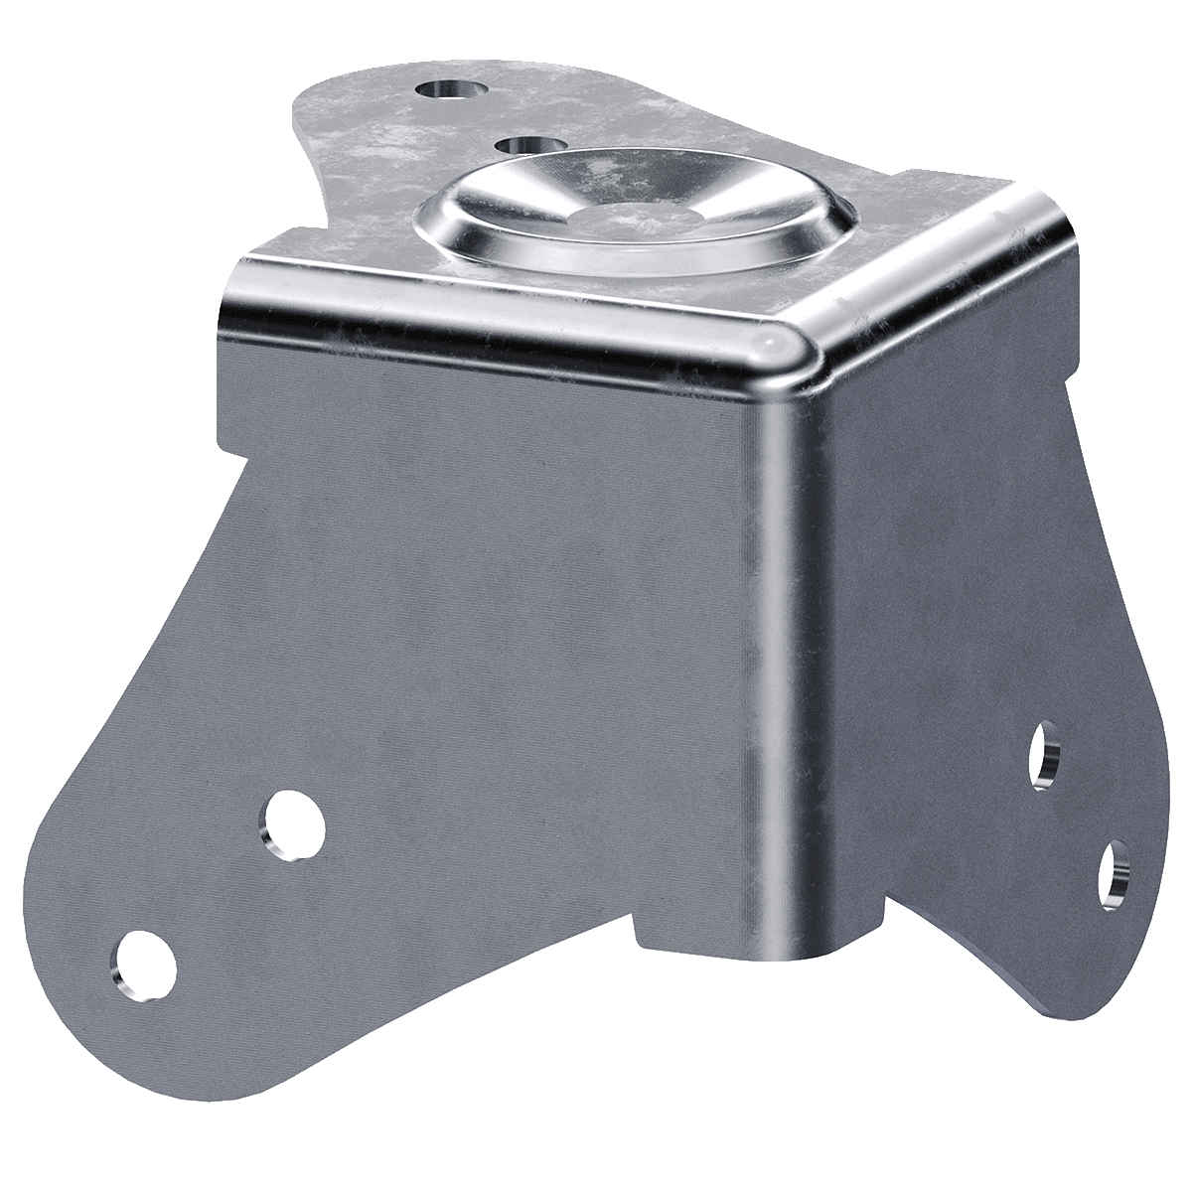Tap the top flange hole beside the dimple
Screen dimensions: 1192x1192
coord(525,146)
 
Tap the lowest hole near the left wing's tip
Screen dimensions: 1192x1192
coord(146,960)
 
